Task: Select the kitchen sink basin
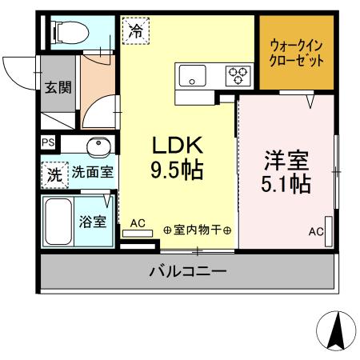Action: pyautogui.click(x=193, y=76)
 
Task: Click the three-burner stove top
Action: pyautogui.click(x=238, y=75)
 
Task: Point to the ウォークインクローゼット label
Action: pyautogui.click(x=297, y=53)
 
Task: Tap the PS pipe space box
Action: pyautogui.click(x=48, y=144)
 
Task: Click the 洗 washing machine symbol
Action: pyautogui.click(x=54, y=175)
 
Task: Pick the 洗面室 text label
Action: pyautogui.click(x=93, y=171)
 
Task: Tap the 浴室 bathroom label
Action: pyautogui.click(x=93, y=222)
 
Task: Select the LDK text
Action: pyautogui.click(x=179, y=146)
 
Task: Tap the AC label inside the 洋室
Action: pyautogui.click(x=315, y=232)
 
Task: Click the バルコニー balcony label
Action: pyautogui.click(x=187, y=273)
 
